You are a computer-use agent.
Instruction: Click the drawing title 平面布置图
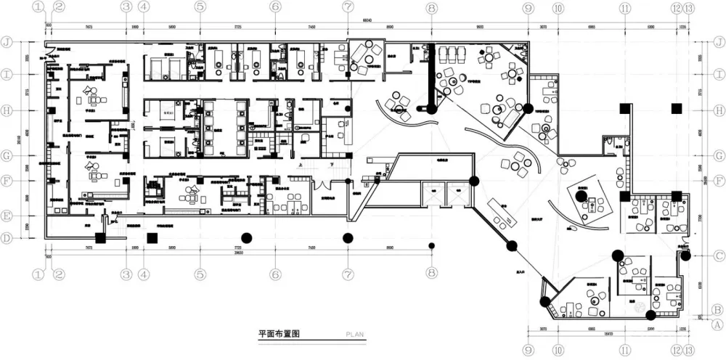click(279, 335)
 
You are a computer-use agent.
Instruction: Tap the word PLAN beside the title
click(354, 335)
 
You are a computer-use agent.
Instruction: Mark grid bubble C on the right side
click(716, 255)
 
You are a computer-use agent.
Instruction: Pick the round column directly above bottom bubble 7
click(348, 237)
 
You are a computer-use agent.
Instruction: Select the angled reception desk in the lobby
click(501, 213)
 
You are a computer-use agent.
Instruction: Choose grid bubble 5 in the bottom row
click(200, 274)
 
